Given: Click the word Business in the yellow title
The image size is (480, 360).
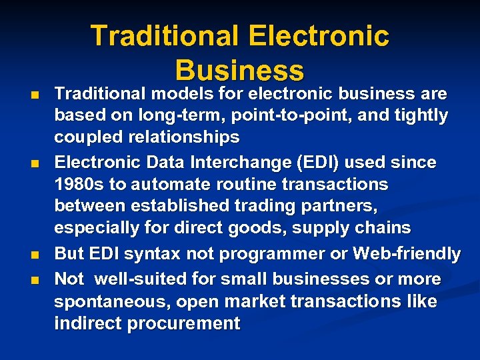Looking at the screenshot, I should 239,69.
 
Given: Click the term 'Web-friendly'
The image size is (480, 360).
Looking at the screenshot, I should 407,254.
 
